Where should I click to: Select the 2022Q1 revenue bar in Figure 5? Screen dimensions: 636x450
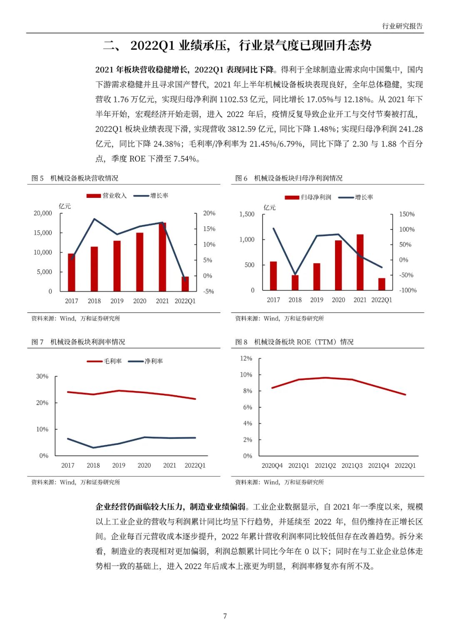pos(185,284)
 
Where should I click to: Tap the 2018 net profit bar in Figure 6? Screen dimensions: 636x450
pos(295,282)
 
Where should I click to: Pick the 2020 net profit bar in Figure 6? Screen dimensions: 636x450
pos(338,265)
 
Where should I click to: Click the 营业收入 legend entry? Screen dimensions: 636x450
pos(107,196)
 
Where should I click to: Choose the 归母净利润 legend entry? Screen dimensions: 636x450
pos(308,197)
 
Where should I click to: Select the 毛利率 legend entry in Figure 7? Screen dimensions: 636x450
pos(105,361)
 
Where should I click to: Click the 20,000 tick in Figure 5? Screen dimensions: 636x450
pos(43,213)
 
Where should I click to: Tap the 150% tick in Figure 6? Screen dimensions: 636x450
pos(407,214)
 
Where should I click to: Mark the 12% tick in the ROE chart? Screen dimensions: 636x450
pos(246,359)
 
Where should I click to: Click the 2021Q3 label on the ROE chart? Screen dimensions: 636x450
pos(352,466)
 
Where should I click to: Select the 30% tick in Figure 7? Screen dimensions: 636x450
pos(42,377)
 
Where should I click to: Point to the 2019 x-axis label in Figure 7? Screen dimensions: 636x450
pos(119,466)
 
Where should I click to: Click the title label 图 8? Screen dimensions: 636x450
pos(241,342)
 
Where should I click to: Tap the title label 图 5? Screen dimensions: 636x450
pos(37,178)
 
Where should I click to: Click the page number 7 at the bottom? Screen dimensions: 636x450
pos(225,616)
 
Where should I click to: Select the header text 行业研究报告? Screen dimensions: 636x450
pos(402,26)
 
